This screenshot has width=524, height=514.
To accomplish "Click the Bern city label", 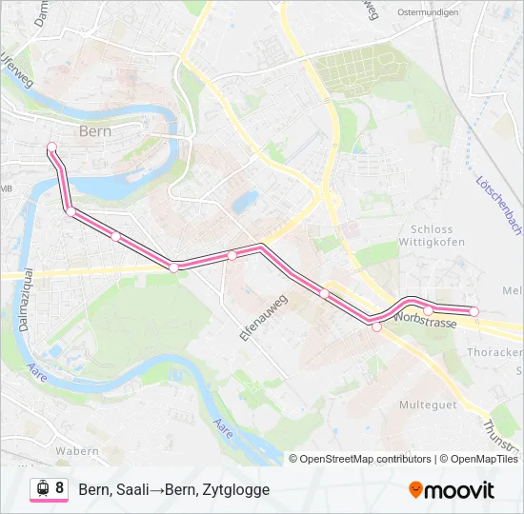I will tap(97, 131).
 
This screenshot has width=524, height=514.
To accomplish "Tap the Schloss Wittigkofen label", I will tap(437, 235).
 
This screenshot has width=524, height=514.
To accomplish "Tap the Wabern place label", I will tap(78, 450).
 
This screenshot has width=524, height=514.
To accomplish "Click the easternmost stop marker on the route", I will tap(474, 311).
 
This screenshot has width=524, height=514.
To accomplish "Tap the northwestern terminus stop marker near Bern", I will tap(51, 147).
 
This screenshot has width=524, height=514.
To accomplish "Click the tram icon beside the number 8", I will tap(42, 488).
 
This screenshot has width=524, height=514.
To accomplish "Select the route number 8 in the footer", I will tap(60, 488).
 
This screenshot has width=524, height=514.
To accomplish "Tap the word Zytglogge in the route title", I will tap(237, 489).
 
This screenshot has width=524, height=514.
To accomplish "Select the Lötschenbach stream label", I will tap(499, 206).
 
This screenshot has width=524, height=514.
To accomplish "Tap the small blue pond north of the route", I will tap(246, 201).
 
